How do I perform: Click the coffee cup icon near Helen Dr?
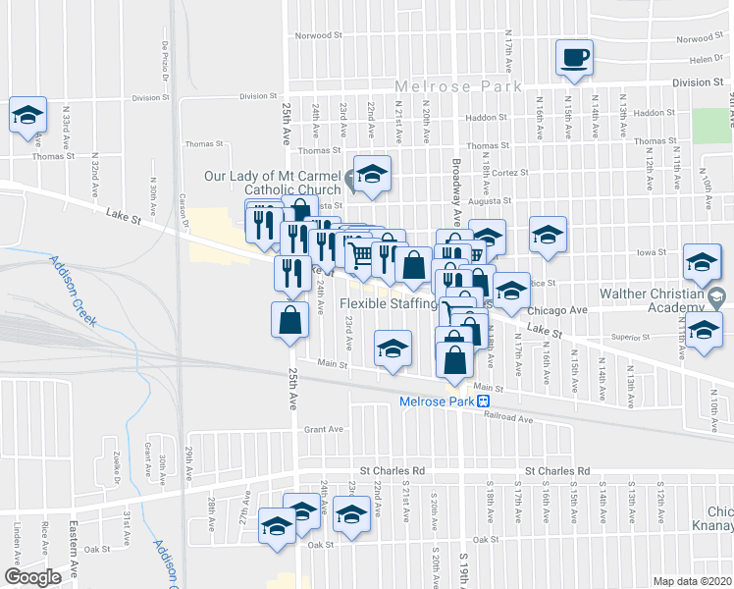click(x=574, y=56)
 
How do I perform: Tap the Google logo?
click(x=32, y=577)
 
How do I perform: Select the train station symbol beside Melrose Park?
click(x=484, y=401)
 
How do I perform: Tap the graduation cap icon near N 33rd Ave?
click(x=28, y=114)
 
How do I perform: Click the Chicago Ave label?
click(x=565, y=309)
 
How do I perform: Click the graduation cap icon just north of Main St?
click(x=393, y=348)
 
